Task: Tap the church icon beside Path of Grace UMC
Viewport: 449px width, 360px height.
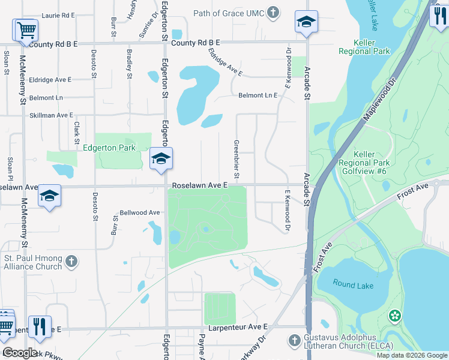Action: click(x=273, y=12)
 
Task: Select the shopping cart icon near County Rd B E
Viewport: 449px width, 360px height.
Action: click(x=25, y=30)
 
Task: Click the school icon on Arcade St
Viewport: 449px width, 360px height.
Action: click(x=306, y=23)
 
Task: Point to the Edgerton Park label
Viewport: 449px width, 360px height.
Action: click(x=109, y=148)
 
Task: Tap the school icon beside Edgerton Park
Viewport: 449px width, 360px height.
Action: click(x=161, y=159)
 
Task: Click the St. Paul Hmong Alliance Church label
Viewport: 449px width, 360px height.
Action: click(x=33, y=262)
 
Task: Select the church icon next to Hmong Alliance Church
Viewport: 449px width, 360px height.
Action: click(x=71, y=262)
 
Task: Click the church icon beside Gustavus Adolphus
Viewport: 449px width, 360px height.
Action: click(x=294, y=341)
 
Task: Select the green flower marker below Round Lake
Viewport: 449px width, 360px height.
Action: click(x=394, y=315)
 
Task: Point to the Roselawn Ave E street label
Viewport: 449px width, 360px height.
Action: click(x=200, y=186)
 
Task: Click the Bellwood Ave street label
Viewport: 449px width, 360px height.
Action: click(x=140, y=212)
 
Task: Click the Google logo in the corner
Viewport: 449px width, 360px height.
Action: click(x=20, y=353)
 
